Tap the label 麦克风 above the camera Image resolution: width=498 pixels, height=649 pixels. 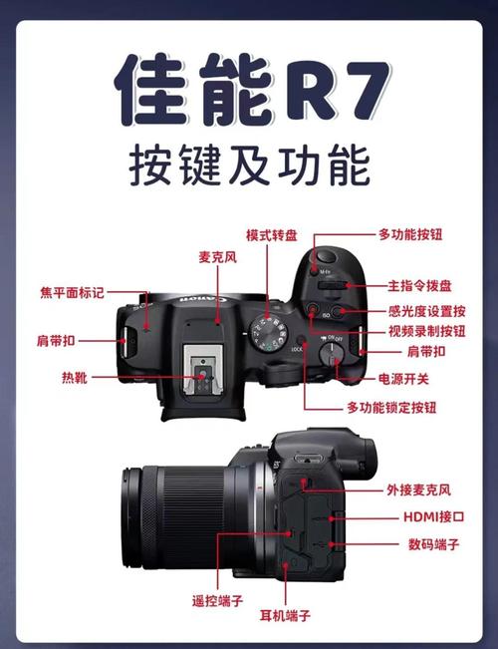click(217, 257)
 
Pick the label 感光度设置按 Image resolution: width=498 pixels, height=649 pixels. click(420, 310)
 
